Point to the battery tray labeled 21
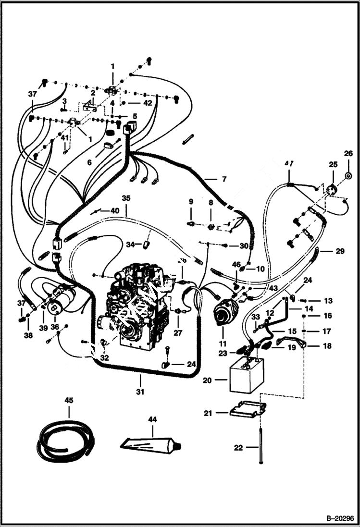tap(248, 409)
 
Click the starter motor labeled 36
tap(61, 299)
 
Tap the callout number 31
tap(140, 392)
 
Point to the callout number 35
tap(126, 197)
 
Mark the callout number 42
tap(148, 102)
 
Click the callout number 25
tap(333, 164)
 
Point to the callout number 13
tap(328, 301)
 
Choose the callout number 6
tap(89, 162)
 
